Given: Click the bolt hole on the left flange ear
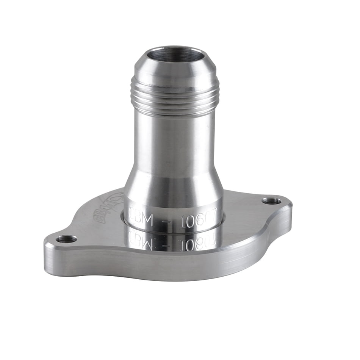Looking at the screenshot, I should coord(66,239).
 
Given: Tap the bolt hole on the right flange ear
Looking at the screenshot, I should coord(271,200).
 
